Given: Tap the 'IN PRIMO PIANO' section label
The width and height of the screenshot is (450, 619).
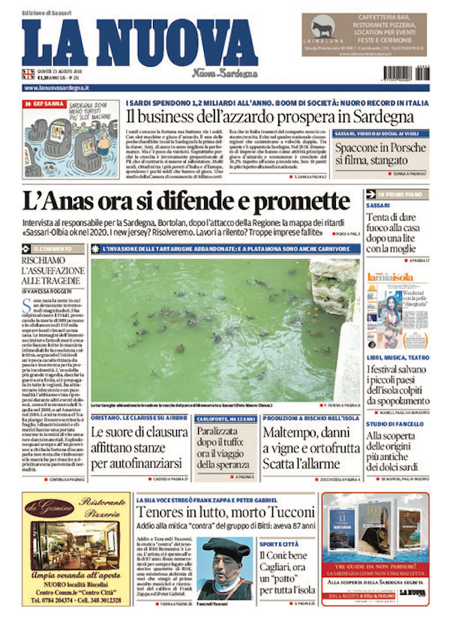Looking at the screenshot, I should (x=393, y=194).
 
